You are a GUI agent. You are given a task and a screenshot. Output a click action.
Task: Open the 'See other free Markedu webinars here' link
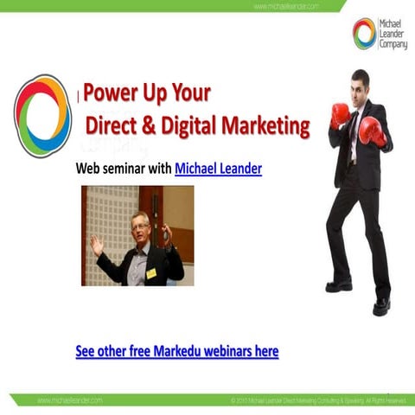tap(177, 352)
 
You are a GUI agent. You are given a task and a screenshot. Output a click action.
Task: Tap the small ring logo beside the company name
tap(364, 34)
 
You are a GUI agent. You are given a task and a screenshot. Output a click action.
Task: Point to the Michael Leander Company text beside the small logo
tap(393, 34)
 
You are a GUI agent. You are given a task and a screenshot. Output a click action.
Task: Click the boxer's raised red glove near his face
tap(340, 114)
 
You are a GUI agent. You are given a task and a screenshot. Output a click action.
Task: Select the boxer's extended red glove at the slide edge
tap(374, 131)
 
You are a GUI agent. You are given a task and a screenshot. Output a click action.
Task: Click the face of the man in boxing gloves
tap(361, 87)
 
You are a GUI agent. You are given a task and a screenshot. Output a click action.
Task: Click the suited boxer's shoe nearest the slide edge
tap(381, 305)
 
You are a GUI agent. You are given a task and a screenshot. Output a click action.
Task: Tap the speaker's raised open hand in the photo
tap(96, 245)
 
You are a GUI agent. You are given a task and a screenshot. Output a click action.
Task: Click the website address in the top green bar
tap(286, 6)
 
